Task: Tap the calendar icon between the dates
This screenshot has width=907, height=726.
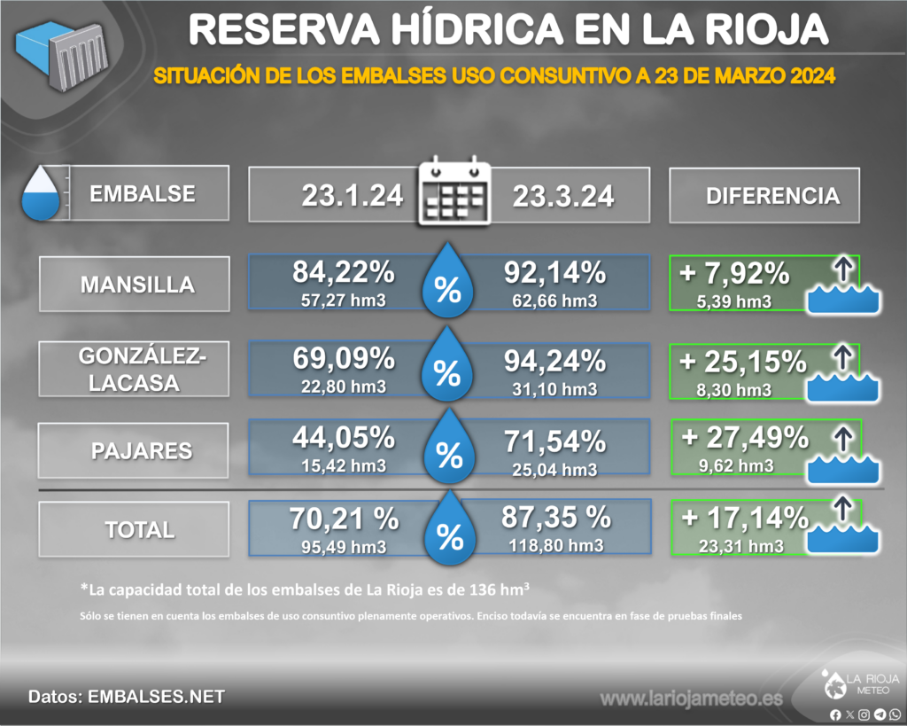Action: (453, 192)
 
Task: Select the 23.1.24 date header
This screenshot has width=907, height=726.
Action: (352, 195)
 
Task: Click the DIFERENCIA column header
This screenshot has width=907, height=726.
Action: (772, 196)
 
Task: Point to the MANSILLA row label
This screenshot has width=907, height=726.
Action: (137, 285)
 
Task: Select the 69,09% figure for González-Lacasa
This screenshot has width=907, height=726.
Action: (343, 359)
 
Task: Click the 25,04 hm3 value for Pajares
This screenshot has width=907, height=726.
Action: (554, 466)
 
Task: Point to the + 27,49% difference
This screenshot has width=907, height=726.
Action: (745, 437)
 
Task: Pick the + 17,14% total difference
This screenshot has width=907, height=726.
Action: (742, 518)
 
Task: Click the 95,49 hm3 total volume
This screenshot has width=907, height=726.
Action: (345, 547)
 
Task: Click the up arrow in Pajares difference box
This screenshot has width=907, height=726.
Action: (842, 438)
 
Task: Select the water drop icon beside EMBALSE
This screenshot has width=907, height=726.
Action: (41, 194)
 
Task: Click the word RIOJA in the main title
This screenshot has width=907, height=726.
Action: (764, 31)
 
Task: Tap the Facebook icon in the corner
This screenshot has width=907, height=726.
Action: (835, 714)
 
